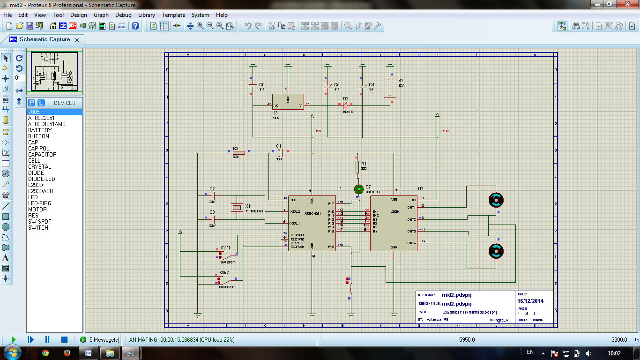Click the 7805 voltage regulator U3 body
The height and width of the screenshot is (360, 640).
click(x=288, y=102)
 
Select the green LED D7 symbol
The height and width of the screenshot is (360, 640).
click(x=358, y=189)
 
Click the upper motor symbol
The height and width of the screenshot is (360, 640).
click(x=496, y=200)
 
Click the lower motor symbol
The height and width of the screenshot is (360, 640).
click(x=496, y=252)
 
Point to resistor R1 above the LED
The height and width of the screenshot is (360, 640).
click(x=357, y=167)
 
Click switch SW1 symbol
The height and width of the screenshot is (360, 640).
click(x=228, y=255)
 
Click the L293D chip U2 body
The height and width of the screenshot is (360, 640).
click(x=394, y=223)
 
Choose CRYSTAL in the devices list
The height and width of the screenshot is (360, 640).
click(x=40, y=167)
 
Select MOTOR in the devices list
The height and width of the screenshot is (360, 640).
click(x=37, y=210)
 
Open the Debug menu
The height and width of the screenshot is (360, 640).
click(x=123, y=15)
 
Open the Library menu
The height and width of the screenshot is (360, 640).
click(x=147, y=15)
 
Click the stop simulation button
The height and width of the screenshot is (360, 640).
click(x=65, y=339)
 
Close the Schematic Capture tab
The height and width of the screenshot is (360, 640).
click(x=77, y=40)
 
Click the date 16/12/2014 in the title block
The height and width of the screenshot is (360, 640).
click(x=530, y=301)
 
